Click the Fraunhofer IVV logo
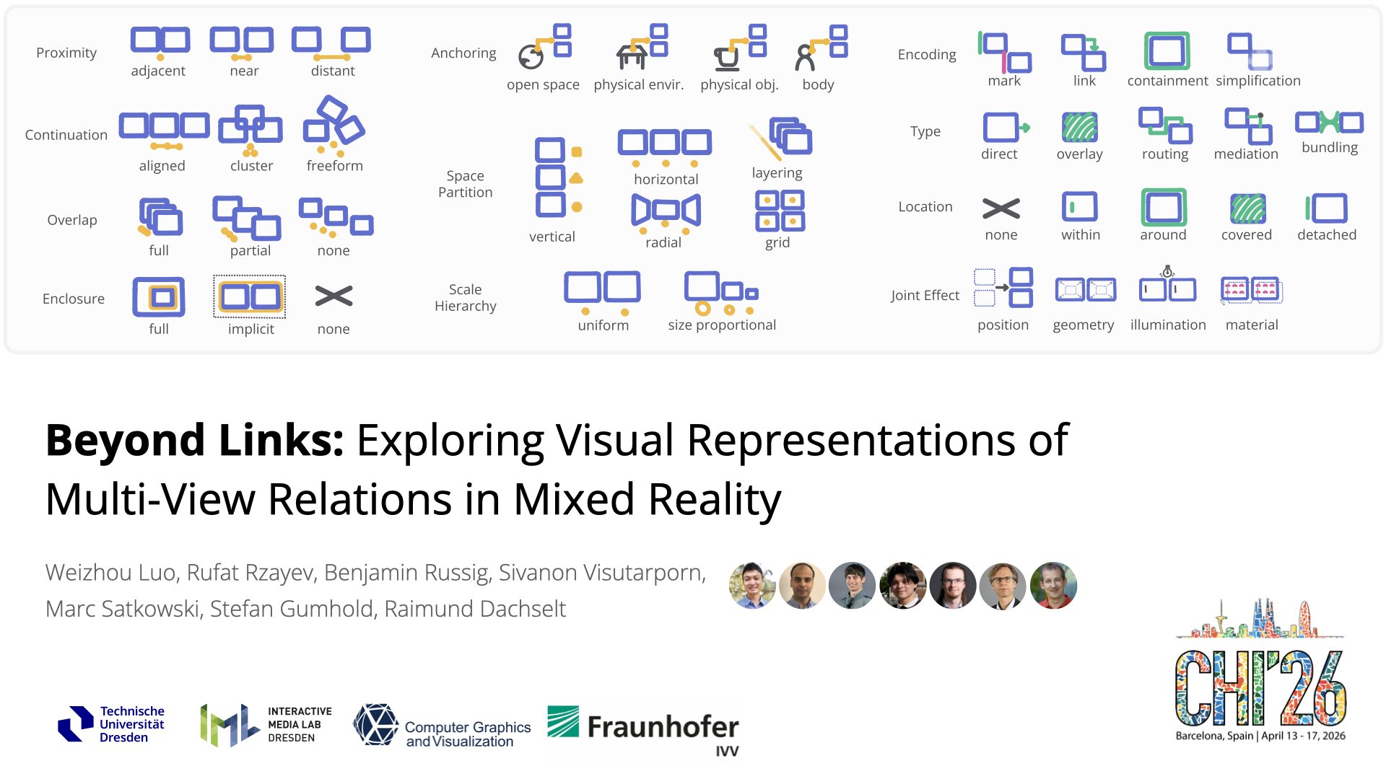coord(643,730)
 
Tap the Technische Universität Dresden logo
coord(112,724)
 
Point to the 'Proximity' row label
coord(66,53)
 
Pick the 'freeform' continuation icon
coord(334,126)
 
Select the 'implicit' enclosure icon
coord(250,296)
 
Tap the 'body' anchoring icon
coord(821,48)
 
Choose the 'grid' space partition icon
coord(780,211)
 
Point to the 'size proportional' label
coord(722,325)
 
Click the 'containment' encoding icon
coord(1167,51)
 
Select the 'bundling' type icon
coord(1329,122)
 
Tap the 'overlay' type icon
coord(1080,128)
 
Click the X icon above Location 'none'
coord(1001,208)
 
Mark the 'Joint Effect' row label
coord(925,295)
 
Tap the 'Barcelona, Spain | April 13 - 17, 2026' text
coord(1260,736)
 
